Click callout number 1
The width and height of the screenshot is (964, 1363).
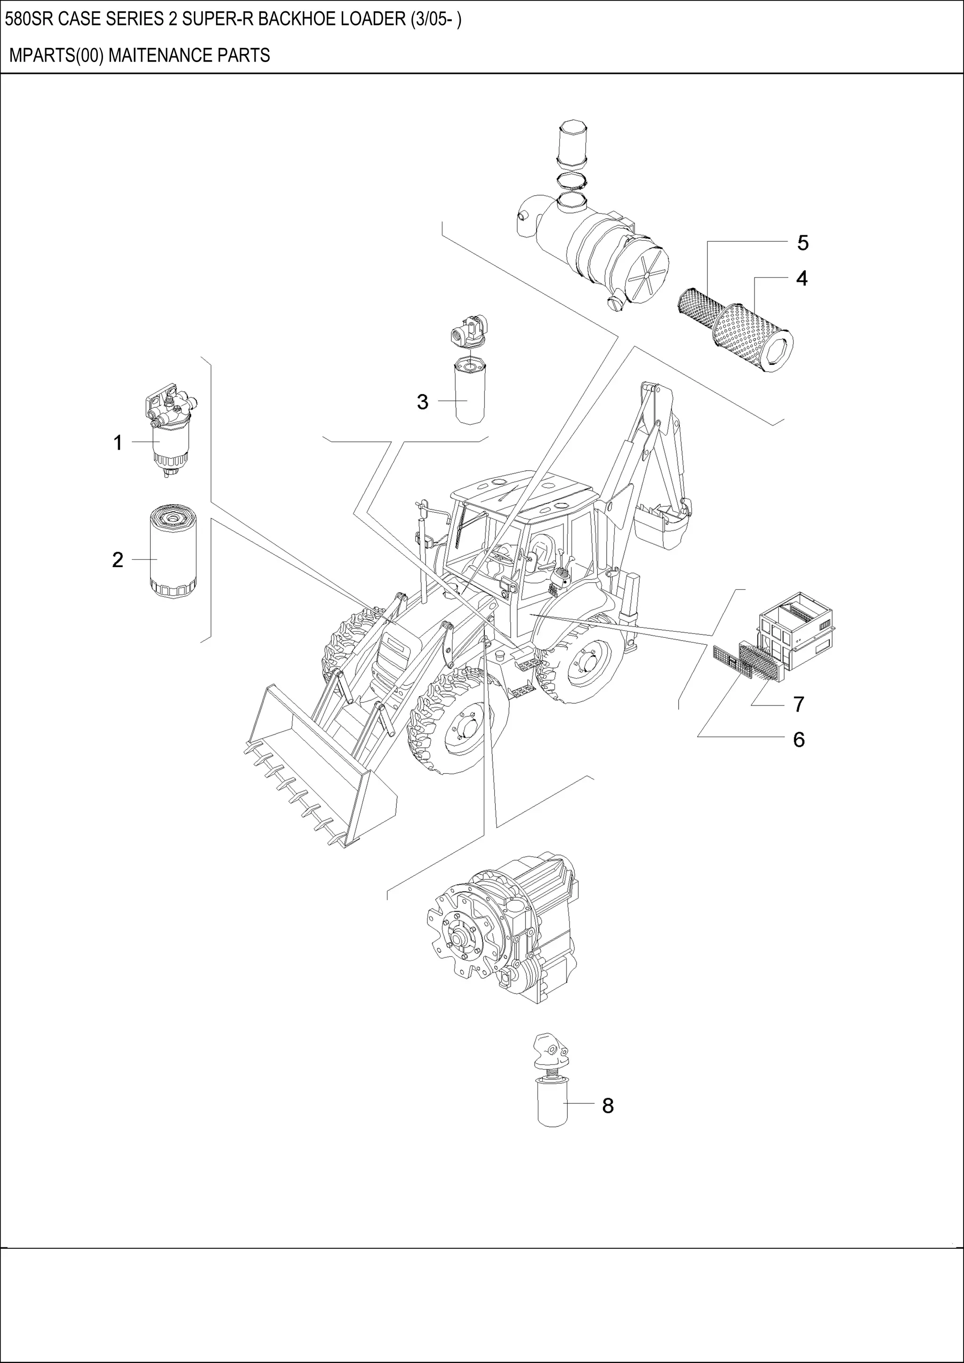pos(118,443)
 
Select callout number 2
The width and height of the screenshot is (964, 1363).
pos(118,560)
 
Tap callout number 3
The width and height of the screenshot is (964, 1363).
pos(422,402)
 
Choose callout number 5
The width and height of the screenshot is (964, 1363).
pos(803,243)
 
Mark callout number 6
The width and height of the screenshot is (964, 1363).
pos(798,740)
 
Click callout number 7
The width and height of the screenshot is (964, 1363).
pos(798,705)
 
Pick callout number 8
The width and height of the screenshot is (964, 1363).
pos(608,1105)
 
